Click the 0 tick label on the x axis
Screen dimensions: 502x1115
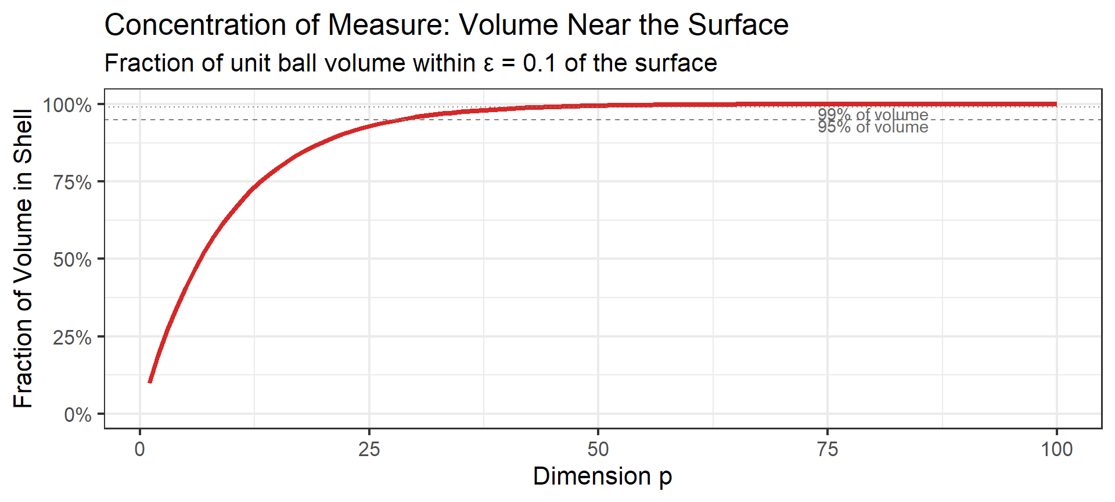tap(139, 449)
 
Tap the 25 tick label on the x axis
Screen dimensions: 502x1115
tap(369, 449)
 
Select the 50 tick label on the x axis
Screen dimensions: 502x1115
tap(598, 449)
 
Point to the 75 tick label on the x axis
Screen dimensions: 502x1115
tap(827, 449)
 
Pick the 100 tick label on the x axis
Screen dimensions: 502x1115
tap(1056, 449)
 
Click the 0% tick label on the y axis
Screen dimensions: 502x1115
tap(78, 415)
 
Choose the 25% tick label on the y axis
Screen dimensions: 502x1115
tap(73, 337)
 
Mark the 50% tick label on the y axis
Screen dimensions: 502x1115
tap(73, 259)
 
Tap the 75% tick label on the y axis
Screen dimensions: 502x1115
tap(73, 182)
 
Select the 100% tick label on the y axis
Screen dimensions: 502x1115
tap(67, 105)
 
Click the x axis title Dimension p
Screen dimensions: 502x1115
tap(602, 476)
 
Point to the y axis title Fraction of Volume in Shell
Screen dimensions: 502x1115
tap(23, 259)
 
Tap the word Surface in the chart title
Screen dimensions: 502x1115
tap(738, 26)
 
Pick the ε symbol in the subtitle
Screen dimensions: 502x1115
tap(488, 63)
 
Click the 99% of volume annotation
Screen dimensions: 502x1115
tap(873, 114)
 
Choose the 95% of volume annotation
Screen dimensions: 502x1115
tap(873, 127)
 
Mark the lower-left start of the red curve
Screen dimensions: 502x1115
tap(150, 382)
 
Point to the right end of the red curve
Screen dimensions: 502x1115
tap(1056, 105)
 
